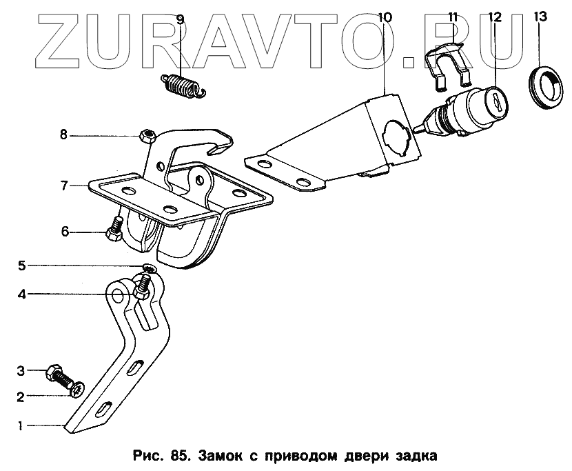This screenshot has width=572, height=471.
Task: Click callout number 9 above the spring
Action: [180, 19]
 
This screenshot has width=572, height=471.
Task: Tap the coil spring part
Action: [183, 86]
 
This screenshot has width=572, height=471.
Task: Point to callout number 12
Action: [494, 17]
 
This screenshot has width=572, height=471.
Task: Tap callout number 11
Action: [453, 17]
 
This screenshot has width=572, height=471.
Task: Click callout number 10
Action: [384, 17]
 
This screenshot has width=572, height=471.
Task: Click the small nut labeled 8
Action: [145, 134]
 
